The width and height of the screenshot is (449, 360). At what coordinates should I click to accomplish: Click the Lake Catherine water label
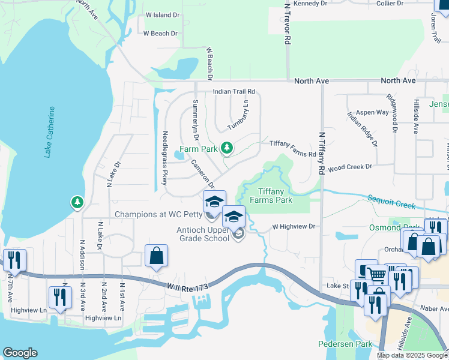click(50, 132)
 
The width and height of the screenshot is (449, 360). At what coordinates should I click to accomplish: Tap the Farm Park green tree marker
click(226, 148)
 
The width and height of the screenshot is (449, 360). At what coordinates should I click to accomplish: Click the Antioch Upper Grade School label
click(203, 233)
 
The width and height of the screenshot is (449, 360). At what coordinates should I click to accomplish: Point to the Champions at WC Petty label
click(157, 214)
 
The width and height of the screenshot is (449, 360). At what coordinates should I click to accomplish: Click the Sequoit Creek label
click(391, 202)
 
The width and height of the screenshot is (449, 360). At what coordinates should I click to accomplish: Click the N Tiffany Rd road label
click(322, 154)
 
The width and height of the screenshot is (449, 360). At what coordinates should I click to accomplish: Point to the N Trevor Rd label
click(288, 25)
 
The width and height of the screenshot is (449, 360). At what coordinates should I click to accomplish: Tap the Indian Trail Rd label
click(234, 92)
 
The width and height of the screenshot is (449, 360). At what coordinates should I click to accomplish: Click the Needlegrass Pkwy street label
click(164, 158)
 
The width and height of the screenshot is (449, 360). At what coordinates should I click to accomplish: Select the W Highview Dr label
click(294, 227)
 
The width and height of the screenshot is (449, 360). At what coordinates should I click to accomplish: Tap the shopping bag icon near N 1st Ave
click(156, 256)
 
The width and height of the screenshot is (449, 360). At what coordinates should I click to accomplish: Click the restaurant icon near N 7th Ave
click(14, 260)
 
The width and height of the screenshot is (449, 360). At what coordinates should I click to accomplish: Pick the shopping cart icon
click(378, 275)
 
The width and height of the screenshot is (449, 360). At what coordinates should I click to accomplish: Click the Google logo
click(20, 353)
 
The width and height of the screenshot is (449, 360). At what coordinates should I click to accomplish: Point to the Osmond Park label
click(393, 227)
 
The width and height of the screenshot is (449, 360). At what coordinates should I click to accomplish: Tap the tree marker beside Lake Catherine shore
click(77, 203)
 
